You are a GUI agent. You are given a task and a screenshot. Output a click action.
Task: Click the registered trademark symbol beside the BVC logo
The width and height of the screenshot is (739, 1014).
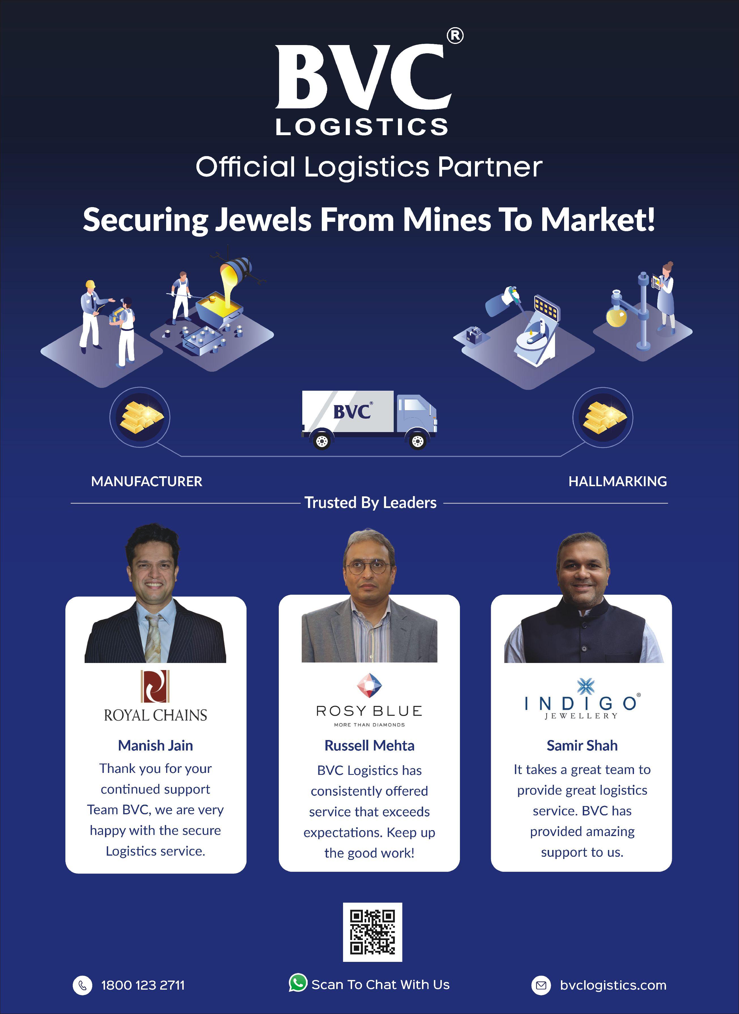(455, 36)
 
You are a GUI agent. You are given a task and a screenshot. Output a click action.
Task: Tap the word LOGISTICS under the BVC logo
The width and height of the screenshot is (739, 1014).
(361, 127)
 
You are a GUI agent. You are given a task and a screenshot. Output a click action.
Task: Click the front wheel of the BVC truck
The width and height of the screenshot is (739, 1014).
(417, 441)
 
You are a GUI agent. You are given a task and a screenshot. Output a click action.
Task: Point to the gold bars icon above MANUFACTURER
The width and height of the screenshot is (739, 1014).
(140, 417)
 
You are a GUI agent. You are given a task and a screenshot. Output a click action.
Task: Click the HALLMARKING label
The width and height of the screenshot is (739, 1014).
(617, 481)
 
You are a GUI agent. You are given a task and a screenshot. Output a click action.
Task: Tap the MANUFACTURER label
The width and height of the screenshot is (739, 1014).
(147, 481)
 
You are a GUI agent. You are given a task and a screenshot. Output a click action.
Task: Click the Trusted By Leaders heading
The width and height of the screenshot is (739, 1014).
(370, 503)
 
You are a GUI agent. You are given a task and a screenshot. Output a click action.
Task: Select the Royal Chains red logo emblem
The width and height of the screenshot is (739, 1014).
(155, 686)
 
